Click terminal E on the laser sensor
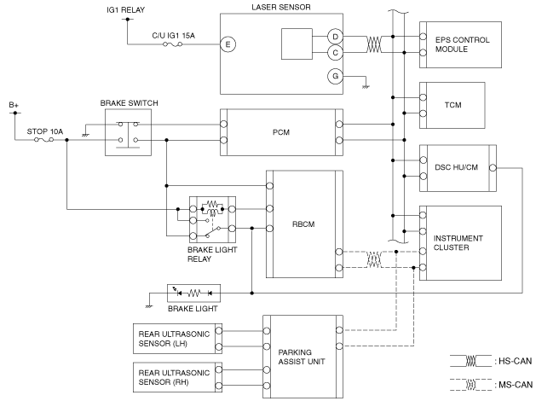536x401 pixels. [x=228, y=44]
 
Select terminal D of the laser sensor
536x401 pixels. [x=335, y=37]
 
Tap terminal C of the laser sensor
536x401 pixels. [x=335, y=53]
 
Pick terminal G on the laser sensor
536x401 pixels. [x=335, y=76]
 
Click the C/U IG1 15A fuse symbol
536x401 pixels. [x=173, y=44]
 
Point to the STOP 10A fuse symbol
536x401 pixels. [x=44, y=140]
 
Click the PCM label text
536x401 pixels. [x=281, y=132]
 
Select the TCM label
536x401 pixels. [x=453, y=105]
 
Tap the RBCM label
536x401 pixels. [x=303, y=224]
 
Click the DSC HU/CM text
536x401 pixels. [x=456, y=167]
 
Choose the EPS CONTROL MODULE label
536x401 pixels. [x=462, y=44]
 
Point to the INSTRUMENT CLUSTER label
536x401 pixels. [x=458, y=242]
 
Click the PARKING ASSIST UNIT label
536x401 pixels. [x=302, y=357]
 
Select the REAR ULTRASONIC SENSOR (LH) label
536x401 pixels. [x=174, y=339]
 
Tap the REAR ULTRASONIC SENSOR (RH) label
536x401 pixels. [x=174, y=377]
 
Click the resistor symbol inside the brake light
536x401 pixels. [x=193, y=293]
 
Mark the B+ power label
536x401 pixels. [x=14, y=105]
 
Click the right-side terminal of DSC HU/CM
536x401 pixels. [x=493, y=168]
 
